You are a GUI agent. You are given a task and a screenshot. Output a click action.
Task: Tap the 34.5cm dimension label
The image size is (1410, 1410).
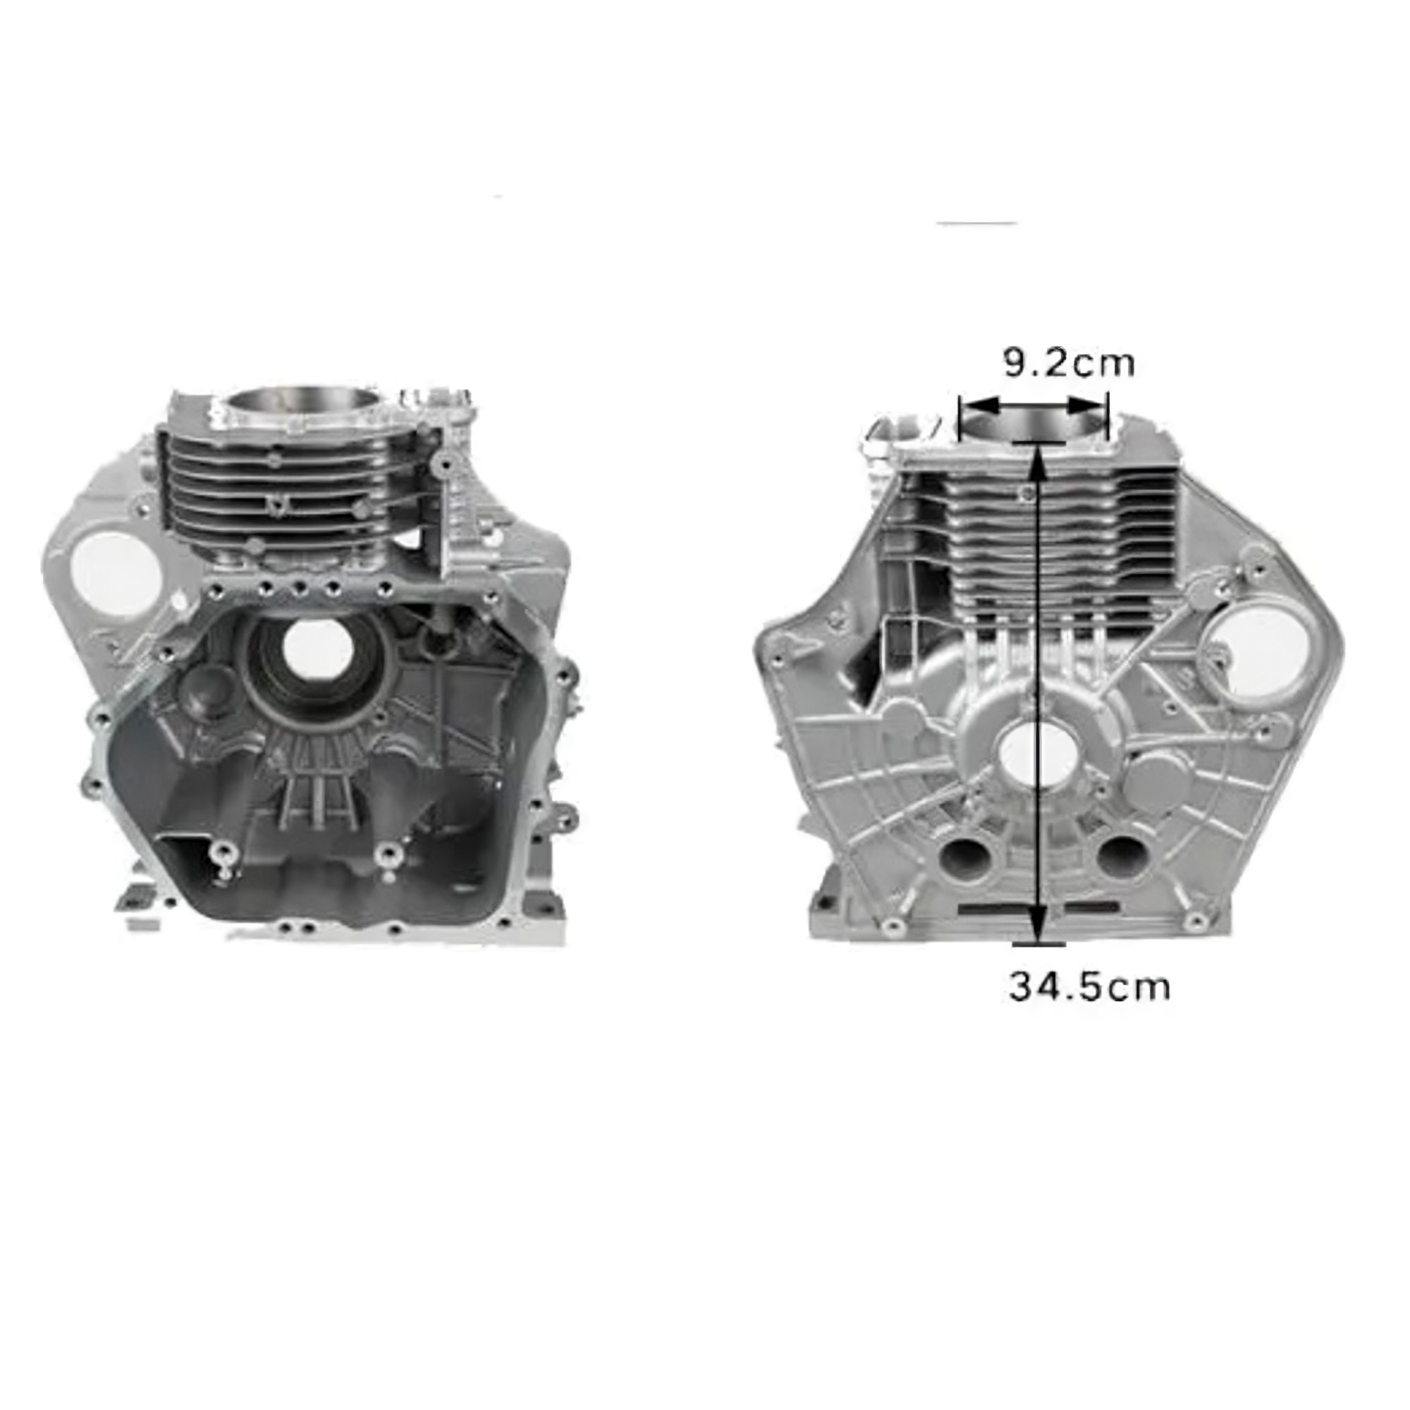1089,986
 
